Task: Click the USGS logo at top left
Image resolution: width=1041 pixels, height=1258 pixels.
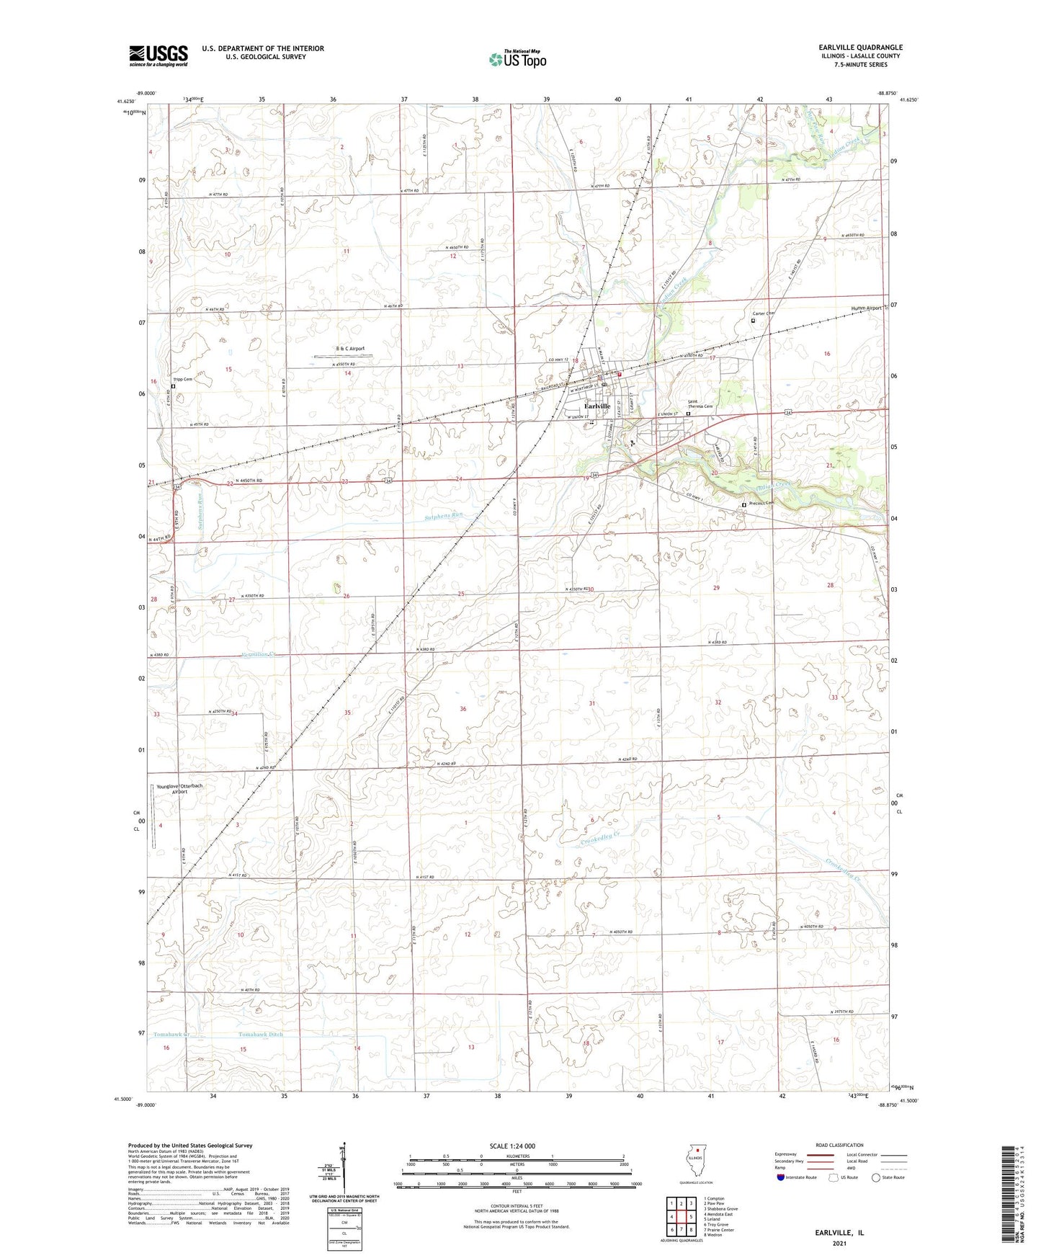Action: coord(158,55)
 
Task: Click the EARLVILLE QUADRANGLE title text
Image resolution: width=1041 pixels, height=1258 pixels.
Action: coord(855,48)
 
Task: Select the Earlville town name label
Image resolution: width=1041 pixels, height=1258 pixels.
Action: coord(597,406)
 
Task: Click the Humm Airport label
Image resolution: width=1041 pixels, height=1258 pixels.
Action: coord(861,308)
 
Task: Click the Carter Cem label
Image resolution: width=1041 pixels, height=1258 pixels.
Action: coord(763,313)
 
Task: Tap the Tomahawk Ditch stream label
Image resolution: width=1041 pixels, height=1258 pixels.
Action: coord(261,1035)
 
